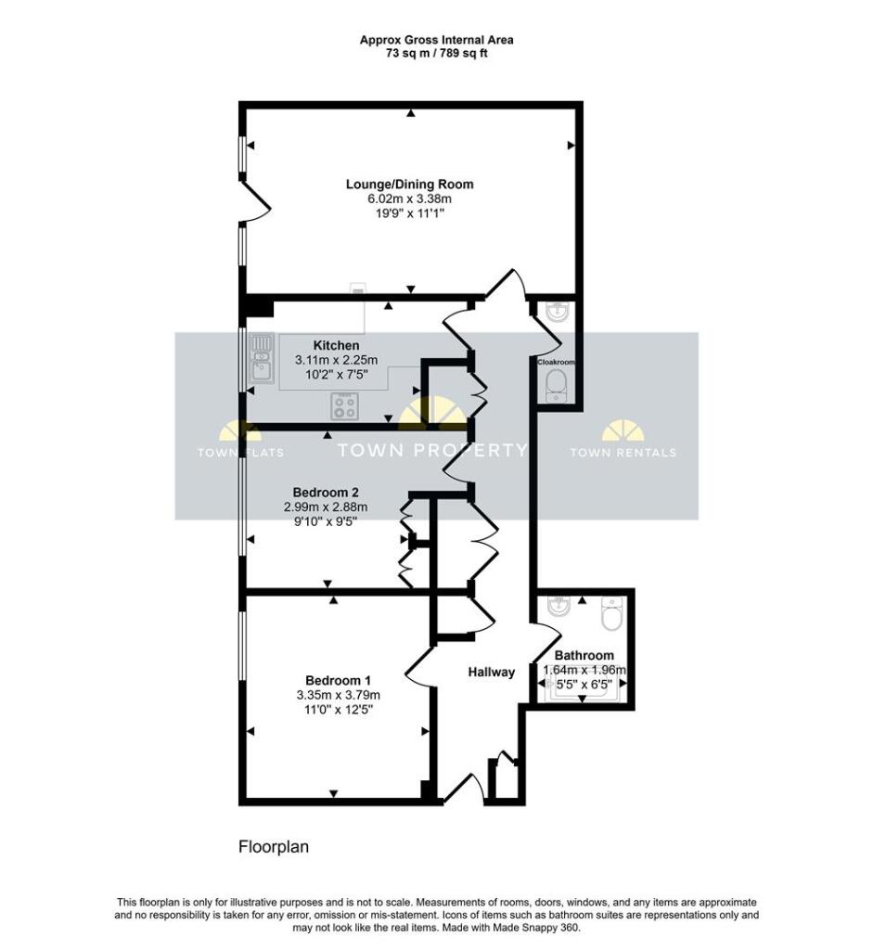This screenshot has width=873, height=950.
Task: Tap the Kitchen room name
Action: click(336, 345)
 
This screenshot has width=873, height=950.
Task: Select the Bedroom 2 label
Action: click(326, 492)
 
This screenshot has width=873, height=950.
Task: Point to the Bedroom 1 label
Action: click(338, 680)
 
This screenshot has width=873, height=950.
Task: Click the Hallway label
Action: click(492, 672)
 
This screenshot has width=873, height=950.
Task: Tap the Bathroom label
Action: click(584, 655)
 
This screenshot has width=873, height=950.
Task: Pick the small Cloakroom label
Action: click(556, 362)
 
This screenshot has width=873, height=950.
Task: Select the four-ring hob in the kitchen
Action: click(345, 406)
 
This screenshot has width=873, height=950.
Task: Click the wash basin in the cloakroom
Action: click(557, 311)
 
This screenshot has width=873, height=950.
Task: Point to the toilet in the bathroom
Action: click(611, 613)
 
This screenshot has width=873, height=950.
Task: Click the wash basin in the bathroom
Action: click(558, 607)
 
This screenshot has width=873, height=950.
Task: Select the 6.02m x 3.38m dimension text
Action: click(409, 199)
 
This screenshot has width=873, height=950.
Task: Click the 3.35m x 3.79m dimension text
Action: click(338, 695)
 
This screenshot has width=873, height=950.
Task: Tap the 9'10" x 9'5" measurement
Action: click(326, 521)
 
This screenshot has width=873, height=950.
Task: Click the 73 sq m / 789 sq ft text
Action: click(437, 53)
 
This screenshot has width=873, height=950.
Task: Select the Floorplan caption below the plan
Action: click(274, 846)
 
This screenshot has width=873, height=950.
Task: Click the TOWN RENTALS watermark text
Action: click(623, 452)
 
